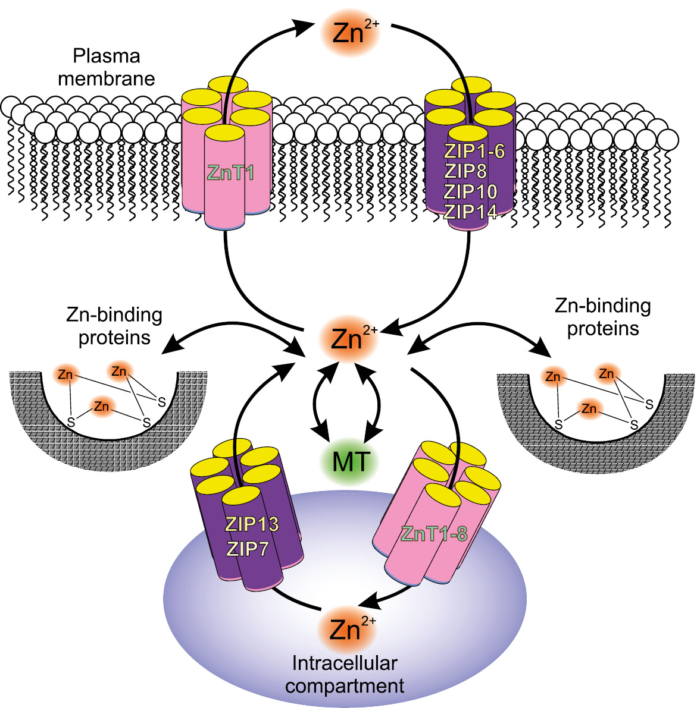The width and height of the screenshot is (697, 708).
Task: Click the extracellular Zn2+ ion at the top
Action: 349,33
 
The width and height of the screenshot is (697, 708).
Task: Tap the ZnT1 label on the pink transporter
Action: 230,173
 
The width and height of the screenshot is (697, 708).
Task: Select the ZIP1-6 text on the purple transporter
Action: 474,151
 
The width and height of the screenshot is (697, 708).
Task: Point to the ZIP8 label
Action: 465,171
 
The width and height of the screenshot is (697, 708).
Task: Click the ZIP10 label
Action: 470,191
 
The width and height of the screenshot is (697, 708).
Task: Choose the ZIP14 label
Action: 470,211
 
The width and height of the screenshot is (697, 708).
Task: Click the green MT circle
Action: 351,461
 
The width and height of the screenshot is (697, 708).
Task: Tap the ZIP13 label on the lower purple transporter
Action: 252,524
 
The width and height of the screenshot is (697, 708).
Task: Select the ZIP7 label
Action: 247,548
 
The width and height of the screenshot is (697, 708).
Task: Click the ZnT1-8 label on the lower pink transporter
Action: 434,534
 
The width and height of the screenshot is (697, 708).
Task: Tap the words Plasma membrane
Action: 107,67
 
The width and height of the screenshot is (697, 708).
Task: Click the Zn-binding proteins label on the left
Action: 114,326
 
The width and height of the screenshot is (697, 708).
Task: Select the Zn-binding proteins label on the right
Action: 602,317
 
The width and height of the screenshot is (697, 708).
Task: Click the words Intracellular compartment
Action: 345,674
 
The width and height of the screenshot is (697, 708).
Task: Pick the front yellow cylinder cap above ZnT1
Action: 224,132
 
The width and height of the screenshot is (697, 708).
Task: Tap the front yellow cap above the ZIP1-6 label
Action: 468,133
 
